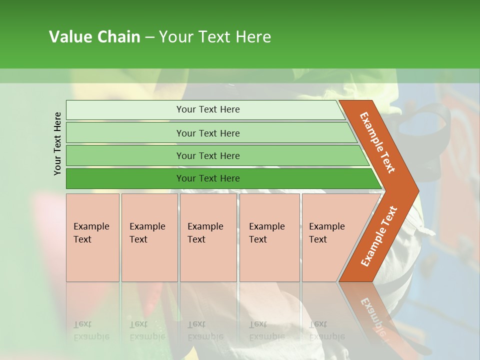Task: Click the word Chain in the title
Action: click(x=119, y=37)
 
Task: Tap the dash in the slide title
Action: click(x=149, y=37)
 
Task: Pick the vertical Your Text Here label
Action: click(x=57, y=143)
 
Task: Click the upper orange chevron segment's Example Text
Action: click(x=377, y=142)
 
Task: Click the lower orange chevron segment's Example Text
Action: click(x=378, y=236)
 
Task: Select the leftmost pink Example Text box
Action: click(x=92, y=237)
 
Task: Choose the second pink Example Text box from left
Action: click(x=149, y=237)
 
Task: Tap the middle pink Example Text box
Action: click(x=208, y=237)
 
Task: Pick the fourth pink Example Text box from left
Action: click(x=269, y=237)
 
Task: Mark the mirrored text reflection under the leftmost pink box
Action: click(x=91, y=330)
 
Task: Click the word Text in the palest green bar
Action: click(x=207, y=109)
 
